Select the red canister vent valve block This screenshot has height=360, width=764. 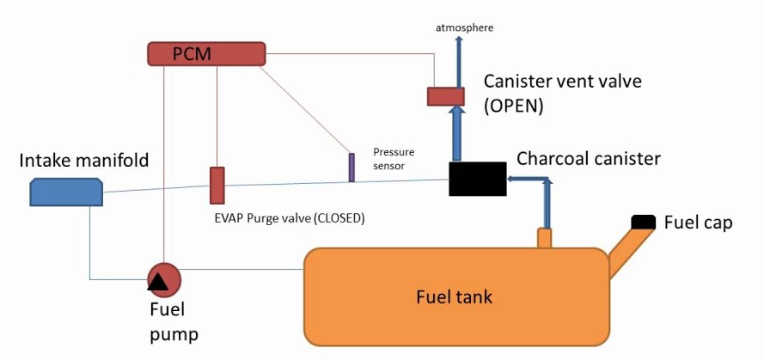pyautogui.click(x=445, y=96)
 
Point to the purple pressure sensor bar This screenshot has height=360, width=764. pyautogui.click(x=351, y=168)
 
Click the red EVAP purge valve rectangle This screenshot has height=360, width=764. pyautogui.click(x=217, y=186)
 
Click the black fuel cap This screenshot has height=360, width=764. pyautogui.click(x=644, y=223)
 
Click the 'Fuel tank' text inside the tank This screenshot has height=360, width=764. pyautogui.click(x=454, y=297)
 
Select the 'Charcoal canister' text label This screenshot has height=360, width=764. pyautogui.click(x=588, y=159)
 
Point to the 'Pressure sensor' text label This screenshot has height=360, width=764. pyautogui.click(x=388, y=158)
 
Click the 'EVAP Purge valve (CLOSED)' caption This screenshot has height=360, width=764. pyautogui.click(x=290, y=218)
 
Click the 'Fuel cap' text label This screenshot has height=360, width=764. pyautogui.click(x=698, y=223)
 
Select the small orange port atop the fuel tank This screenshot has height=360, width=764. pyautogui.click(x=544, y=238)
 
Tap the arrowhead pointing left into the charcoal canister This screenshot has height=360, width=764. pyautogui.click(x=512, y=179)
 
